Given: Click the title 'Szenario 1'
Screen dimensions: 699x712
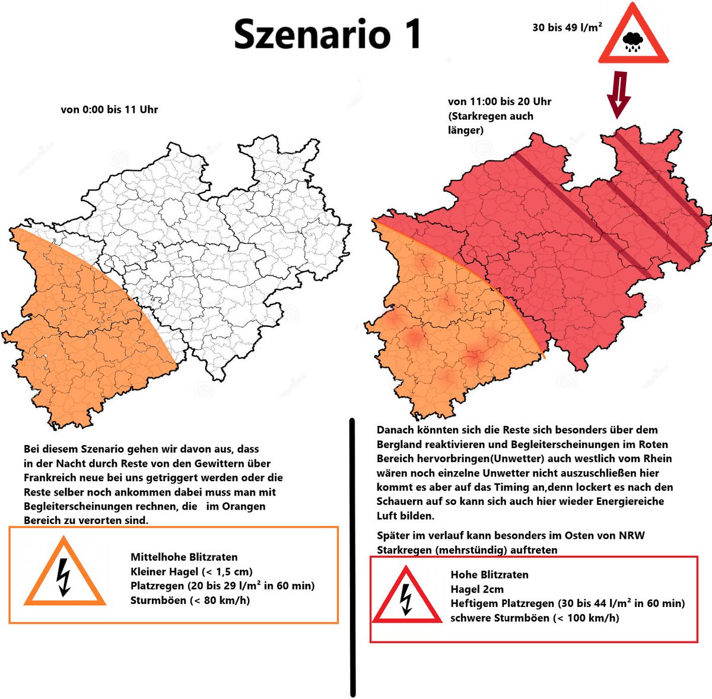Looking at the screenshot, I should [327, 34].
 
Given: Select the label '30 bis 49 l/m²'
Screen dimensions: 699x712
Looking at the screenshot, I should [567, 27].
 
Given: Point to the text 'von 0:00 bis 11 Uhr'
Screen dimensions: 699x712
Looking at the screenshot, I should [109, 109].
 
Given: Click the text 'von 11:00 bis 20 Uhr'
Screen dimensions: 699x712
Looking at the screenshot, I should [499, 101].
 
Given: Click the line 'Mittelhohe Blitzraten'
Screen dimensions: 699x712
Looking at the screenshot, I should [184, 557].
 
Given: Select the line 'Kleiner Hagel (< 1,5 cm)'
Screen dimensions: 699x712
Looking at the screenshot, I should [191, 571].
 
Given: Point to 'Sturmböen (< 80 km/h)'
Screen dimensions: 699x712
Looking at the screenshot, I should [190, 600].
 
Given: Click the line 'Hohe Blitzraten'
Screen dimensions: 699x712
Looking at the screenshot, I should [489, 574].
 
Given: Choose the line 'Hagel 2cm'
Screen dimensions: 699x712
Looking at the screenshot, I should [477, 589].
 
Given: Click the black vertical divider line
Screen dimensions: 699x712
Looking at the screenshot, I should [353, 558].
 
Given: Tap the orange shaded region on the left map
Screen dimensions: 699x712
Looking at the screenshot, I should [77, 332].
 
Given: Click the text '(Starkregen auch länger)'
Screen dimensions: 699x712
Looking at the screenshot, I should [490, 123].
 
